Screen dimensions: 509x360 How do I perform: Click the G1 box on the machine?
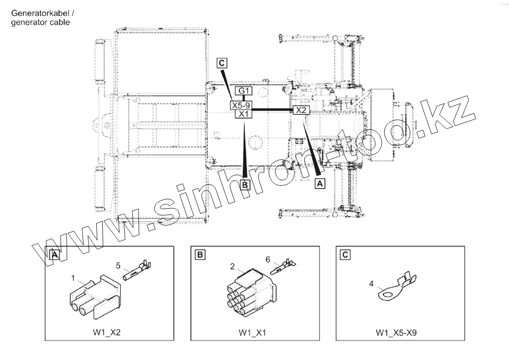tap(243, 91)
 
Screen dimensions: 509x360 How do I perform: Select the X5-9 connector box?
tap(241, 105)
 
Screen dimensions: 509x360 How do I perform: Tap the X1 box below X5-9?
tap(243, 114)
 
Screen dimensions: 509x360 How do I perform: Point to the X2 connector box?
tap(301, 110)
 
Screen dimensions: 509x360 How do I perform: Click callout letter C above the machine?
tap(222, 63)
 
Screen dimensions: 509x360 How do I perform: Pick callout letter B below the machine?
tap(245, 185)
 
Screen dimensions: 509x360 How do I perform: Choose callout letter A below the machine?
tap(320, 183)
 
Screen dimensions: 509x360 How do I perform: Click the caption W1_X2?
tap(106, 333)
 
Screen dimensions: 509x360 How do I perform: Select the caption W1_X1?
tap(252, 333)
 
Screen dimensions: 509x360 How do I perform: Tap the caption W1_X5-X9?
tap(397, 333)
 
